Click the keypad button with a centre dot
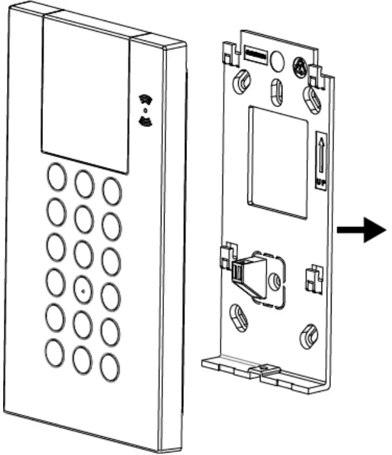tap(83, 289)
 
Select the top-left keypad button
tap(55, 178)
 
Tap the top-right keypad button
tap(112, 190)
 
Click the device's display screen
tap(86, 93)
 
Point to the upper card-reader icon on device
tap(146, 100)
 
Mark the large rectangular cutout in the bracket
tap(278, 161)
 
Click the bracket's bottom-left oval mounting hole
tap(239, 318)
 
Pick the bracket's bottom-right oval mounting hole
tap(308, 337)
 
